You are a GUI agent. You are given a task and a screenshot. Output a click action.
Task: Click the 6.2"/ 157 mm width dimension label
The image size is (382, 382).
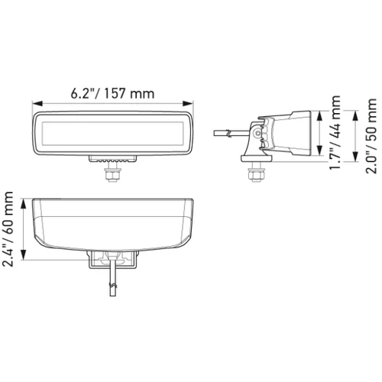point(112,93)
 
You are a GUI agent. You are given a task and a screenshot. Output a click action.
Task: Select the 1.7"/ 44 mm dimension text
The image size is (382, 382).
point(335,133)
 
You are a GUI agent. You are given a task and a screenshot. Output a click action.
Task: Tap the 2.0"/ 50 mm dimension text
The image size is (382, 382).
point(371,136)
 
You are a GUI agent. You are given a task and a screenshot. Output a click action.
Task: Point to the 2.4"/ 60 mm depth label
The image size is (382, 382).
point(8,229)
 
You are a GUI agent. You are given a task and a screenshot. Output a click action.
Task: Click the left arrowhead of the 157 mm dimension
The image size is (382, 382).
point(37,103)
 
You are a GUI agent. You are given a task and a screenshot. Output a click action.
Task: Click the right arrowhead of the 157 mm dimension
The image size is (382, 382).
point(188,103)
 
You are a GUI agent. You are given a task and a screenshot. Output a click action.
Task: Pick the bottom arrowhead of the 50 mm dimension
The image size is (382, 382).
point(355,157)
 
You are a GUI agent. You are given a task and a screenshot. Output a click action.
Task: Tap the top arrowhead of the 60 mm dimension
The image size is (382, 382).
point(24,204)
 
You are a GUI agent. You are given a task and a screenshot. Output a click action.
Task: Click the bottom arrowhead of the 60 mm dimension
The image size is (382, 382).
point(24,255)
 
